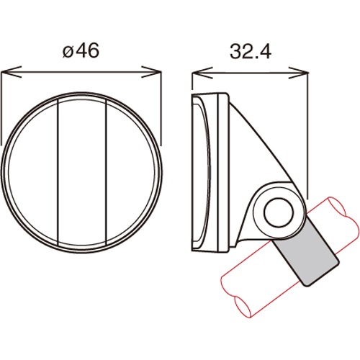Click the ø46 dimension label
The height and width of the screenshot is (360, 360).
tap(81, 50)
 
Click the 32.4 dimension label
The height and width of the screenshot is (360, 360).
tap(251, 52)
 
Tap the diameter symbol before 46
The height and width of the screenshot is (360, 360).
tap(68, 53)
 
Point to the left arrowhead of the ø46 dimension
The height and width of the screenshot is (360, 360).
tap(11, 72)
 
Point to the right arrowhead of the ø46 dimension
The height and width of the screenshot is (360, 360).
tap(151, 72)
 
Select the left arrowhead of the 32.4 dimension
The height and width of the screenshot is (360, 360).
tap(202, 73)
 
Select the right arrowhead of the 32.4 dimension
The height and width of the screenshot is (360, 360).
tap(298, 73)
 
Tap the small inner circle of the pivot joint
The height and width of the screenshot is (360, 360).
tap(279, 213)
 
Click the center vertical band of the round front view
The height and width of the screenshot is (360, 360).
tap(82, 171)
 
